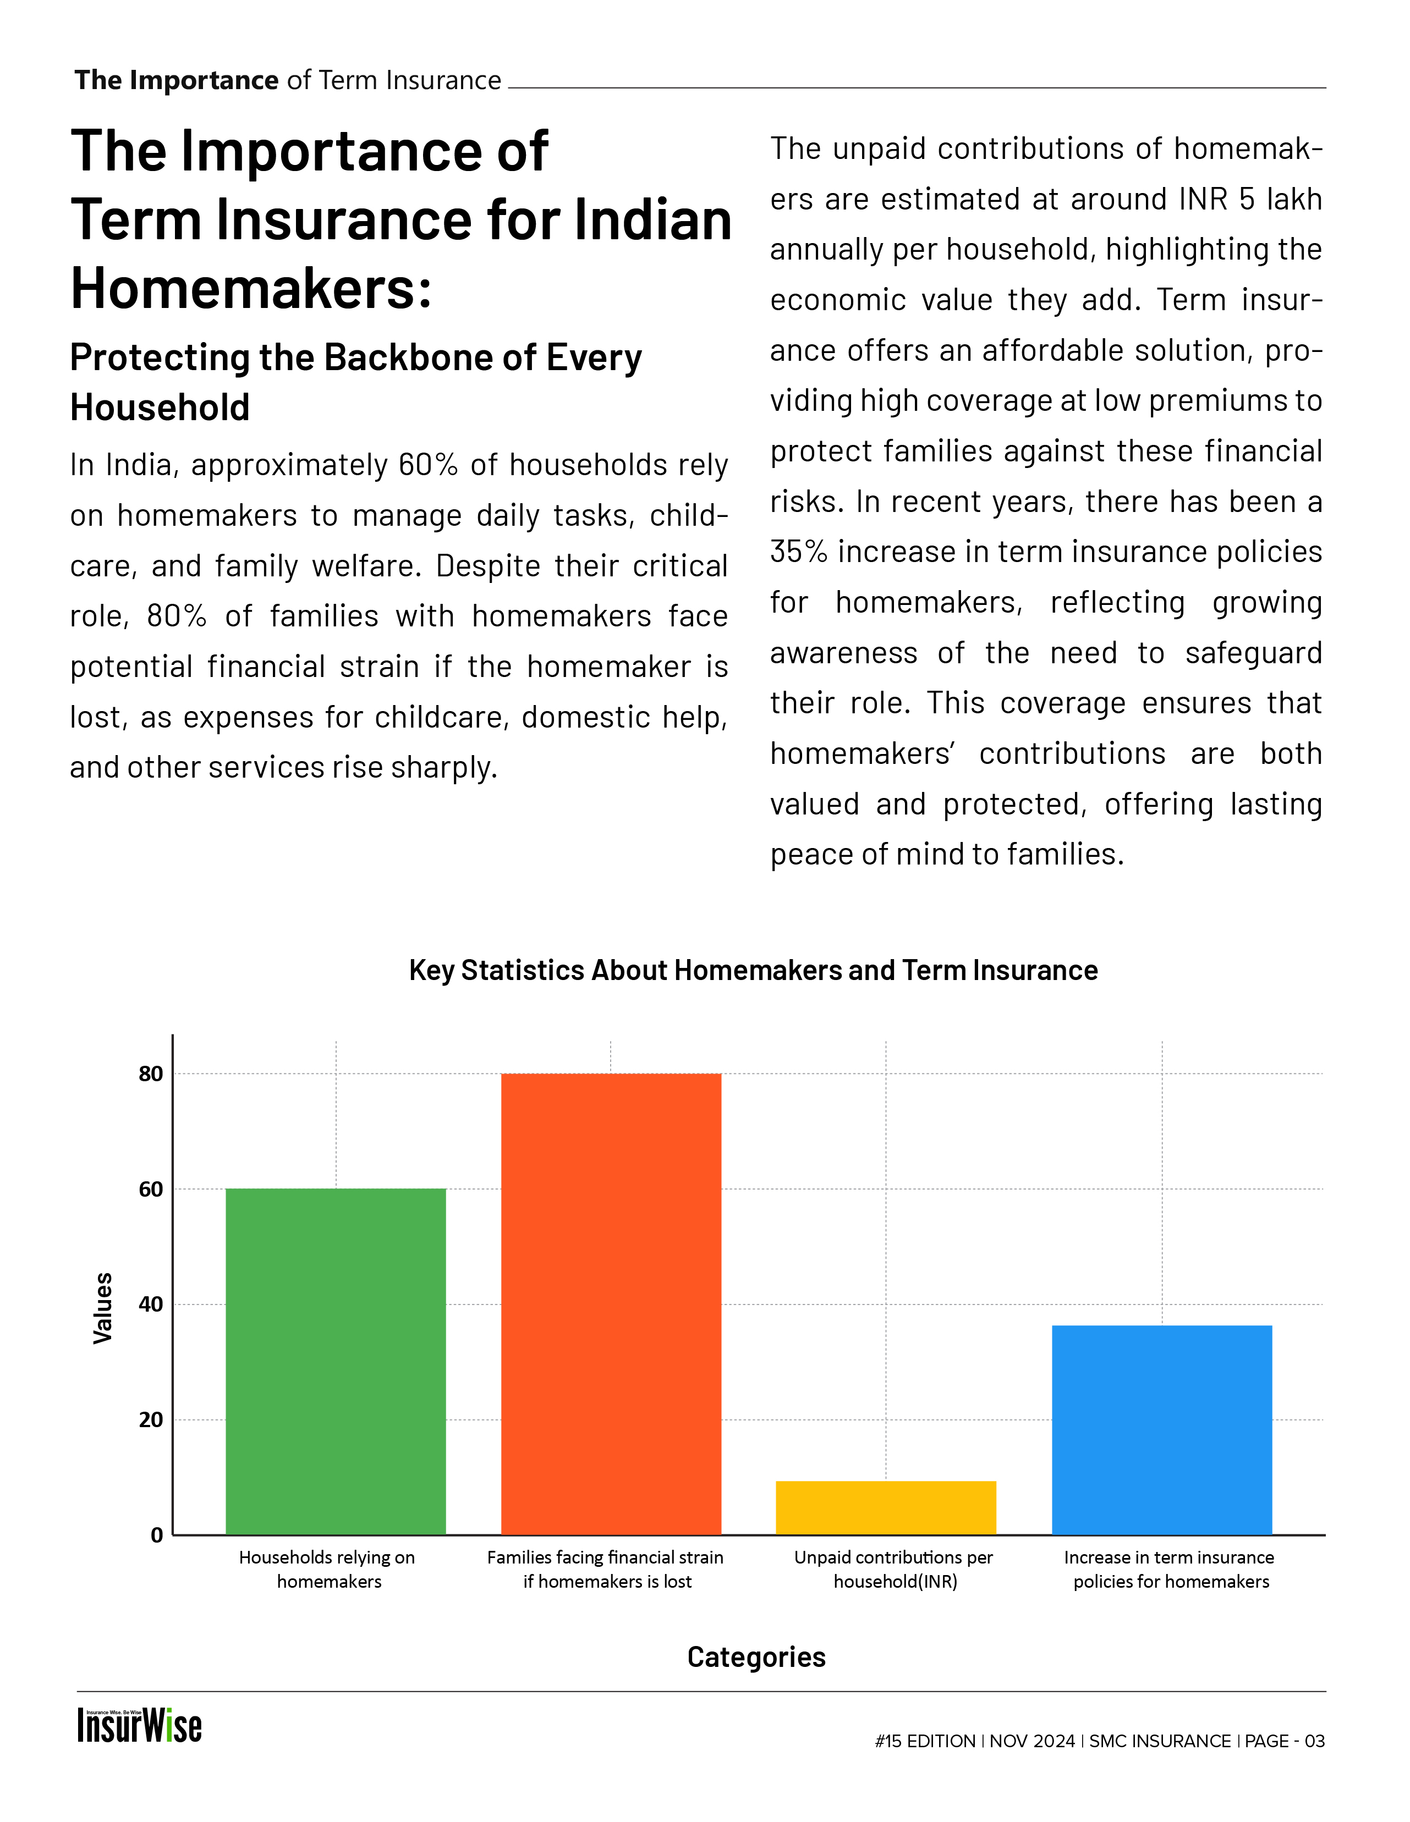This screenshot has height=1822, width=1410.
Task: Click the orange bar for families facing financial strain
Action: tap(611, 1303)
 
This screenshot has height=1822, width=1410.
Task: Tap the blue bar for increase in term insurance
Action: tap(1161, 1429)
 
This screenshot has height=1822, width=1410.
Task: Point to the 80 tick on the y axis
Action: tap(151, 1074)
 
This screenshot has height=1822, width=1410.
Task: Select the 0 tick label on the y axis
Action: tap(157, 1535)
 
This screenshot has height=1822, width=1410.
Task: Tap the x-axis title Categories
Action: tap(756, 1657)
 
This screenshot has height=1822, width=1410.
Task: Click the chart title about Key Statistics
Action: tap(753, 970)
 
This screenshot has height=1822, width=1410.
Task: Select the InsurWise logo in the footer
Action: tap(139, 1725)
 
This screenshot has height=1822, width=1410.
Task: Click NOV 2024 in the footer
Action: tap(1032, 1741)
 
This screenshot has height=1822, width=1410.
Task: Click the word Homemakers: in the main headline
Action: tap(251, 289)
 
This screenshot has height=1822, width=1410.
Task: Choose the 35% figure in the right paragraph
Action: tap(798, 552)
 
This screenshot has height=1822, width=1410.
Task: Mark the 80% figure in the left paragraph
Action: tap(176, 616)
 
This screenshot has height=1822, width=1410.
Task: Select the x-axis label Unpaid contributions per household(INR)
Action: tap(893, 1569)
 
